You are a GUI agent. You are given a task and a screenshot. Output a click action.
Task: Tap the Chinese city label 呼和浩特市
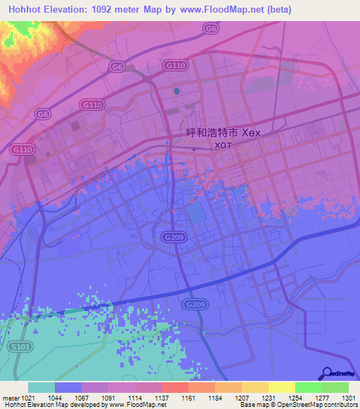point(212,132)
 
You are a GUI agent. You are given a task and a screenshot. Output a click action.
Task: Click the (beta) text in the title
point(278,10)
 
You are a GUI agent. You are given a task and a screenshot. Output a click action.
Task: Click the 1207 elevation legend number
point(242,398)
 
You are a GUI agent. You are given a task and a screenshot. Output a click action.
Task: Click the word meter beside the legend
point(10,398)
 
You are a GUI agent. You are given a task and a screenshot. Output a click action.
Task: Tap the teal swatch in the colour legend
point(41,387)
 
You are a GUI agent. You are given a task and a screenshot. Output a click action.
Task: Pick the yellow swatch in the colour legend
point(281,387)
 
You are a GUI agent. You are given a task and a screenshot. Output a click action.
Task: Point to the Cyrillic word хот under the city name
point(222,145)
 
